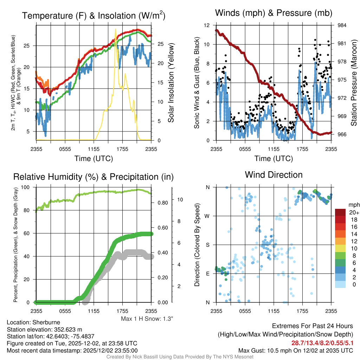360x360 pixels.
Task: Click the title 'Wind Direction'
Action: coord(274,175)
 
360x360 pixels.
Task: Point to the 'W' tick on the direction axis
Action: coord(208,216)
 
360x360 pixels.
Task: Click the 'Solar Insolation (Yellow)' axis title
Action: coord(171,83)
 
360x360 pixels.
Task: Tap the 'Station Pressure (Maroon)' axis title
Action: coord(354,83)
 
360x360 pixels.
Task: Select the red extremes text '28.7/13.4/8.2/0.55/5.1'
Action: coord(322,343)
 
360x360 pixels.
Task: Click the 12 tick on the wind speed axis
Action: coord(207,25)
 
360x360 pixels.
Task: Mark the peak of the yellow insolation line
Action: coord(115,30)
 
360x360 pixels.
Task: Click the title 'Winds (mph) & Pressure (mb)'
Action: coord(274,13)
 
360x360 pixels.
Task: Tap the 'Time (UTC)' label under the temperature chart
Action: coord(94,159)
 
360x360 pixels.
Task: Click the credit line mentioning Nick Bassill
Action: coord(180,357)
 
